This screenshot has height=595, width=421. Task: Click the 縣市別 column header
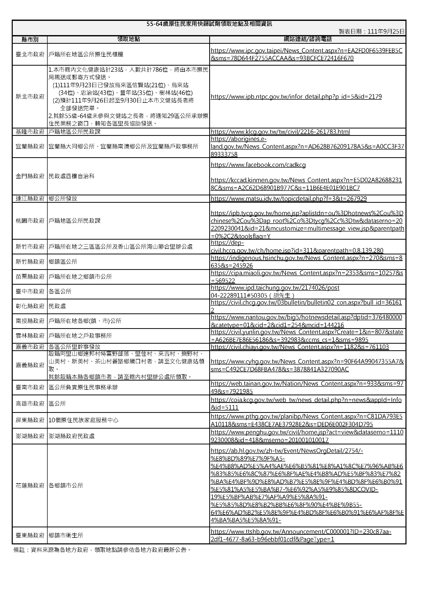(x=30, y=39)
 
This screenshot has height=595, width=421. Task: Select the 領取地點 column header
(x=129, y=39)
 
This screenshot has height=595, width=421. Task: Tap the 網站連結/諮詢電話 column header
(x=308, y=39)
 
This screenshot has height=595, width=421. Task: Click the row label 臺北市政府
(x=30, y=54)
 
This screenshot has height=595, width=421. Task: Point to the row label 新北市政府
(x=30, y=97)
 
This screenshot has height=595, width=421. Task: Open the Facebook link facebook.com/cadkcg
(x=258, y=165)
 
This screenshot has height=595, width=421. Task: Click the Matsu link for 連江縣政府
(x=289, y=199)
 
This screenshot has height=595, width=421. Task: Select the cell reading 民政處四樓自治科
(x=72, y=176)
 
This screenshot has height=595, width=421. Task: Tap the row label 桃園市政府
(x=30, y=221)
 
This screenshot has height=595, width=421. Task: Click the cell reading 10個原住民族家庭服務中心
(x=83, y=420)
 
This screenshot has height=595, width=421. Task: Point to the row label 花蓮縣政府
(x=30, y=485)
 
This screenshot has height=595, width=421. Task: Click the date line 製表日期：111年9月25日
(x=371, y=32)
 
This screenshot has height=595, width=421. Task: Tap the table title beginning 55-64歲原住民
(x=209, y=24)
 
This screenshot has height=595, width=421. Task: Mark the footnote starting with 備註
(x=102, y=550)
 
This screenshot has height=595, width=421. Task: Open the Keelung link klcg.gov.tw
(x=280, y=132)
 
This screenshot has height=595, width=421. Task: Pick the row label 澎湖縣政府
(x=30, y=436)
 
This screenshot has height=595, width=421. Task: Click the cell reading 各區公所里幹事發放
(x=74, y=347)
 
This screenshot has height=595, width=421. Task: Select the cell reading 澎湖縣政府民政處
(x=72, y=436)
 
